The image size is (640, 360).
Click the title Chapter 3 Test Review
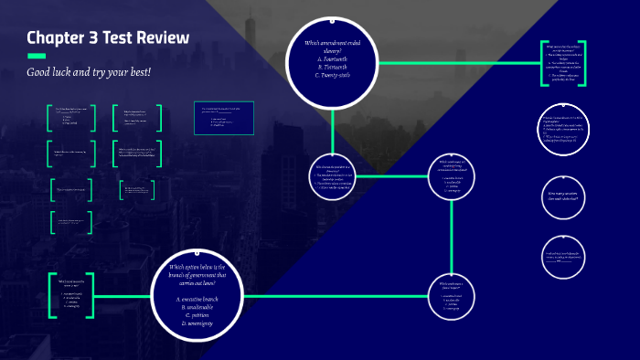[108, 37]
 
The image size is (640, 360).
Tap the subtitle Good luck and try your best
[86, 71]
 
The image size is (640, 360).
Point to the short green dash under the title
[37, 56]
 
